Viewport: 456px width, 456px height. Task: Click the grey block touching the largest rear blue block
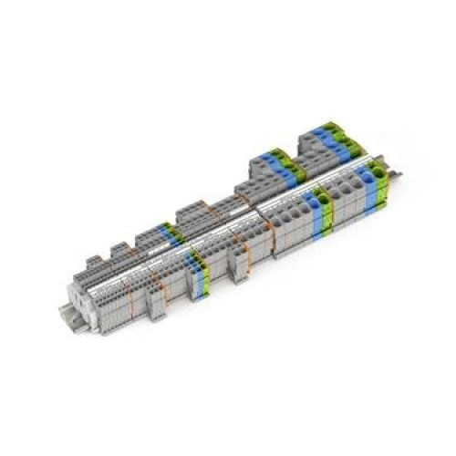tap(301, 146)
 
